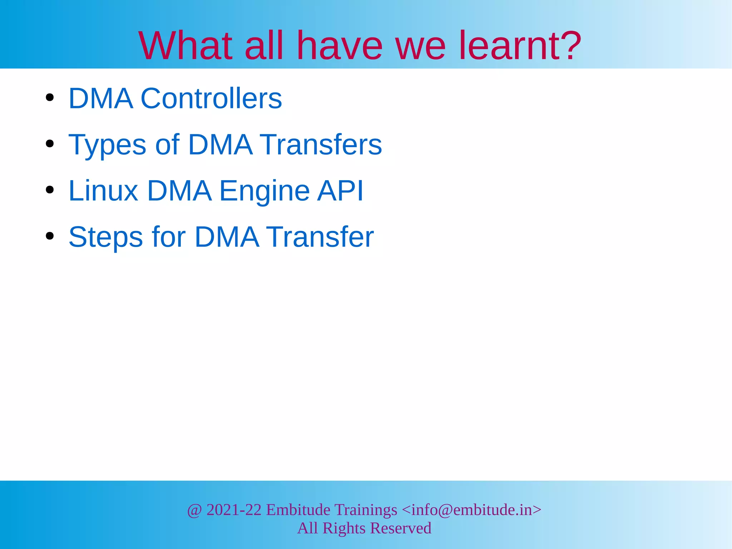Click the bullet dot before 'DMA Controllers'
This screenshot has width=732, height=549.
tap(50, 98)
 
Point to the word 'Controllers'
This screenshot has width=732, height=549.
tap(211, 98)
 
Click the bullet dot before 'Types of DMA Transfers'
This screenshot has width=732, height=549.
tap(50, 144)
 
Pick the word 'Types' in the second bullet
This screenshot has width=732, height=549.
tap(107, 145)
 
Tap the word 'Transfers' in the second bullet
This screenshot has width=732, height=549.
tap(321, 144)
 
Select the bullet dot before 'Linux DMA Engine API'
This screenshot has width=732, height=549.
tap(50, 190)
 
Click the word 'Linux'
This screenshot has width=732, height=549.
tap(103, 191)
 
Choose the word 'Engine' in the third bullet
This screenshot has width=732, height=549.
tap(264, 191)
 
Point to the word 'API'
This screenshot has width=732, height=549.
tap(340, 191)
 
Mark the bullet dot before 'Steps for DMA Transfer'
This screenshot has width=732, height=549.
tap(50, 236)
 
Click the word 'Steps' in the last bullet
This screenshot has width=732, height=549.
tap(106, 237)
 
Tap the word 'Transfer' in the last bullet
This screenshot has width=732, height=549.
tap(321, 237)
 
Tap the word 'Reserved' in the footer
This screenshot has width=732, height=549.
tap(401, 528)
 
